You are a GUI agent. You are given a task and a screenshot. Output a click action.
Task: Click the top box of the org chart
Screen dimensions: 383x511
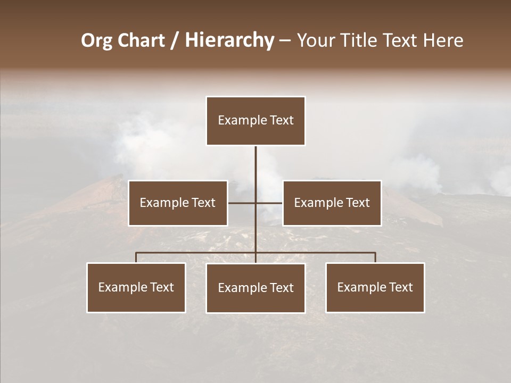pos(256,121)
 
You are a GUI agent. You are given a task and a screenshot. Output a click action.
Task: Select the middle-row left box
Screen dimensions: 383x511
pos(178,203)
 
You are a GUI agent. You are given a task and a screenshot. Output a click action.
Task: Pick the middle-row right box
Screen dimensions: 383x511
pos(332,203)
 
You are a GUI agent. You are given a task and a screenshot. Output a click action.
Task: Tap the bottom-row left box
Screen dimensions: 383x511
pos(136,287)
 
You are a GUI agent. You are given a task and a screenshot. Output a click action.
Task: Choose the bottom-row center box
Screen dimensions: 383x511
pos(256,288)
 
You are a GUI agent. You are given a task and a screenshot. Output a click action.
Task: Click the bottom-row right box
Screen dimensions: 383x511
pos(375,287)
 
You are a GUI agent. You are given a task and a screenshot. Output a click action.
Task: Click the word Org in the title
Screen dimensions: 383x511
pos(96,41)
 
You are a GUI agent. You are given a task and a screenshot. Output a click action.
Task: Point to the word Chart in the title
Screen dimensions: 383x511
pos(141,41)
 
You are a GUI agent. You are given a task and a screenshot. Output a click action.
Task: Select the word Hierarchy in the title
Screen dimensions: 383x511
pos(229,41)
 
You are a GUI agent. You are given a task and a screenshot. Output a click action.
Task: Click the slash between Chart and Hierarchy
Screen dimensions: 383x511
pos(175,41)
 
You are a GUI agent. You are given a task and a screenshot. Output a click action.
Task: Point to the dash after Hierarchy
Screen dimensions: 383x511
pos(285,41)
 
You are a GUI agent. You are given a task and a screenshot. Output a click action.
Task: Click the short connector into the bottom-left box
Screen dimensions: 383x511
pos(136,257)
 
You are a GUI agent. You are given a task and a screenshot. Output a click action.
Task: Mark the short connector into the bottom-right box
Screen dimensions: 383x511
pos(375,257)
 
